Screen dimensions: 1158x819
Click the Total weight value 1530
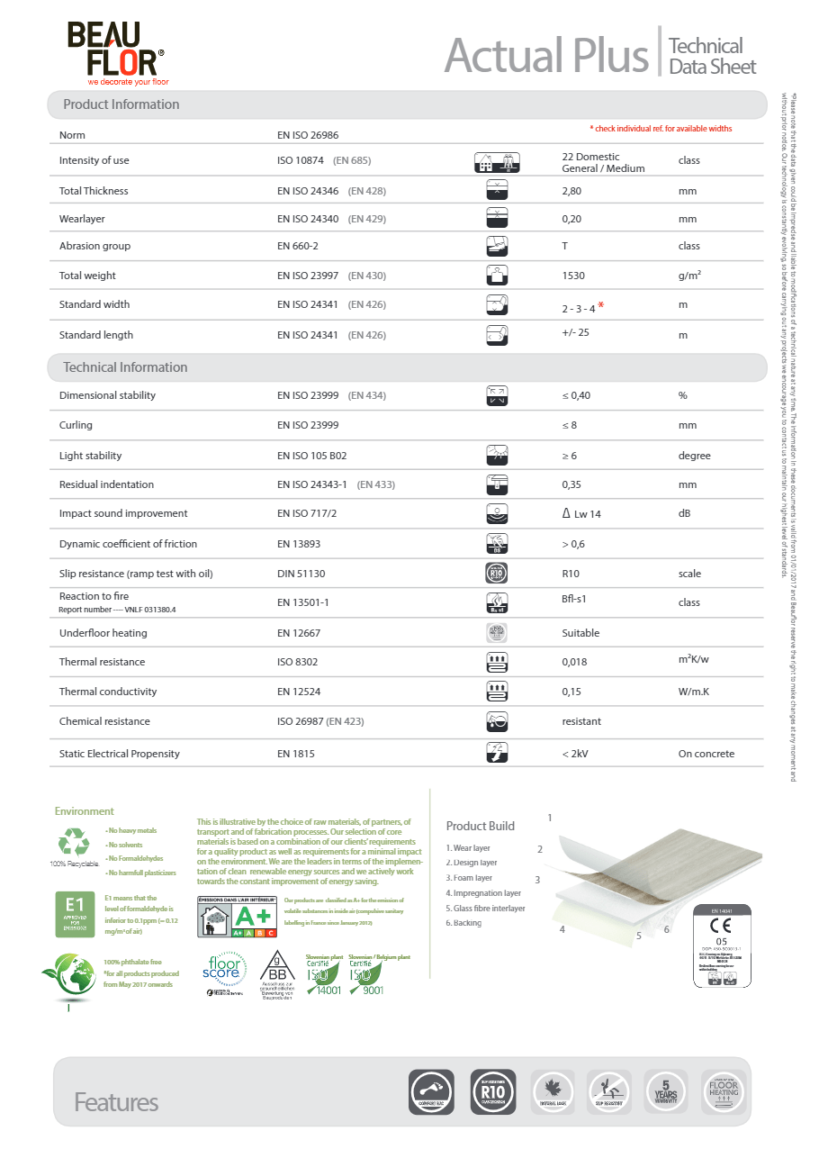[x=573, y=276]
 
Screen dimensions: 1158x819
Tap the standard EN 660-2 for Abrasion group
[x=298, y=246]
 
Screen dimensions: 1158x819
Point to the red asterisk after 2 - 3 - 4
[x=600, y=306]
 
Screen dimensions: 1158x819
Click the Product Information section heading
[x=121, y=104]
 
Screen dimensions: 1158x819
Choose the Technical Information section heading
[x=125, y=367]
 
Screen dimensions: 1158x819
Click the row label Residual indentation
[x=106, y=484]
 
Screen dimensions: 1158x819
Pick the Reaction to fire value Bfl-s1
[x=574, y=598]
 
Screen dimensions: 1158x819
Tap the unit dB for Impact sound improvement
[x=685, y=513]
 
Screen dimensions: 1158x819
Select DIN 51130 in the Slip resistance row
[x=301, y=574]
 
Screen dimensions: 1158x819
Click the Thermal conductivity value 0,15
[x=571, y=692]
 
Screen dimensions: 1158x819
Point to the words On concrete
[x=706, y=754]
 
